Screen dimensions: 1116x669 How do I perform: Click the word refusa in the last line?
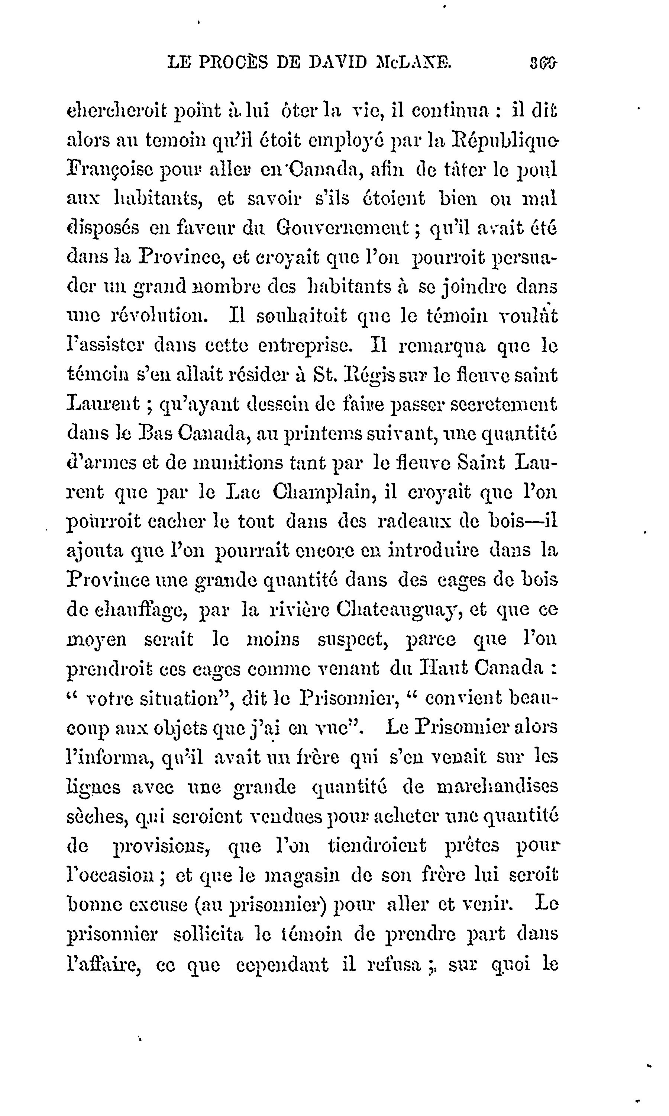click(394, 963)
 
